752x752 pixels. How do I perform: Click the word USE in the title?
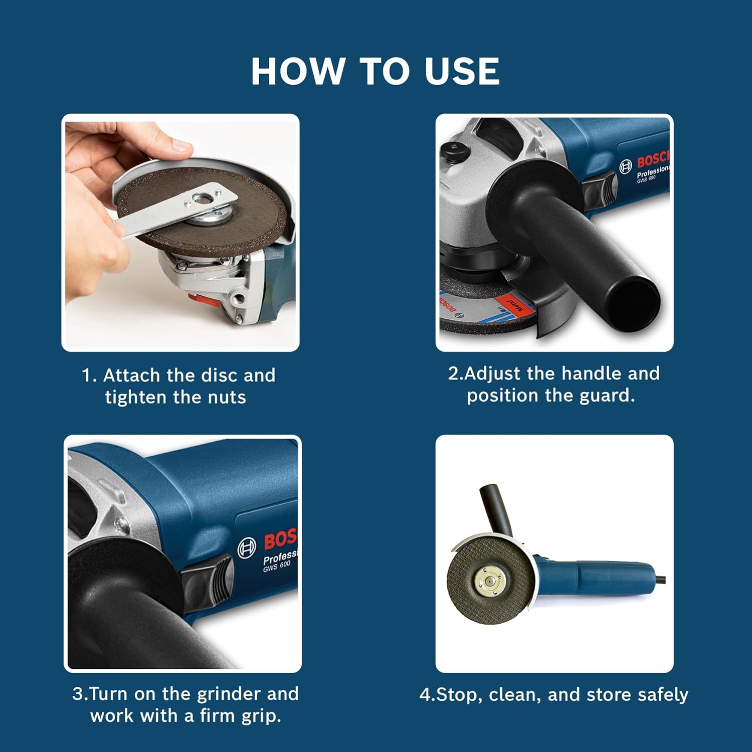(x=462, y=71)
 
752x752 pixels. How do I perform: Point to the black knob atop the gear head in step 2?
(x=452, y=149)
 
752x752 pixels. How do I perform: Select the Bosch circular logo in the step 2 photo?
(x=625, y=167)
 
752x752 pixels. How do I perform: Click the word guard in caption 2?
(x=607, y=396)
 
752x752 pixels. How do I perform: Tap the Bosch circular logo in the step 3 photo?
(x=246, y=548)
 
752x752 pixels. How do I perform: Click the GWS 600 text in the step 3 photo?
(x=277, y=567)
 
